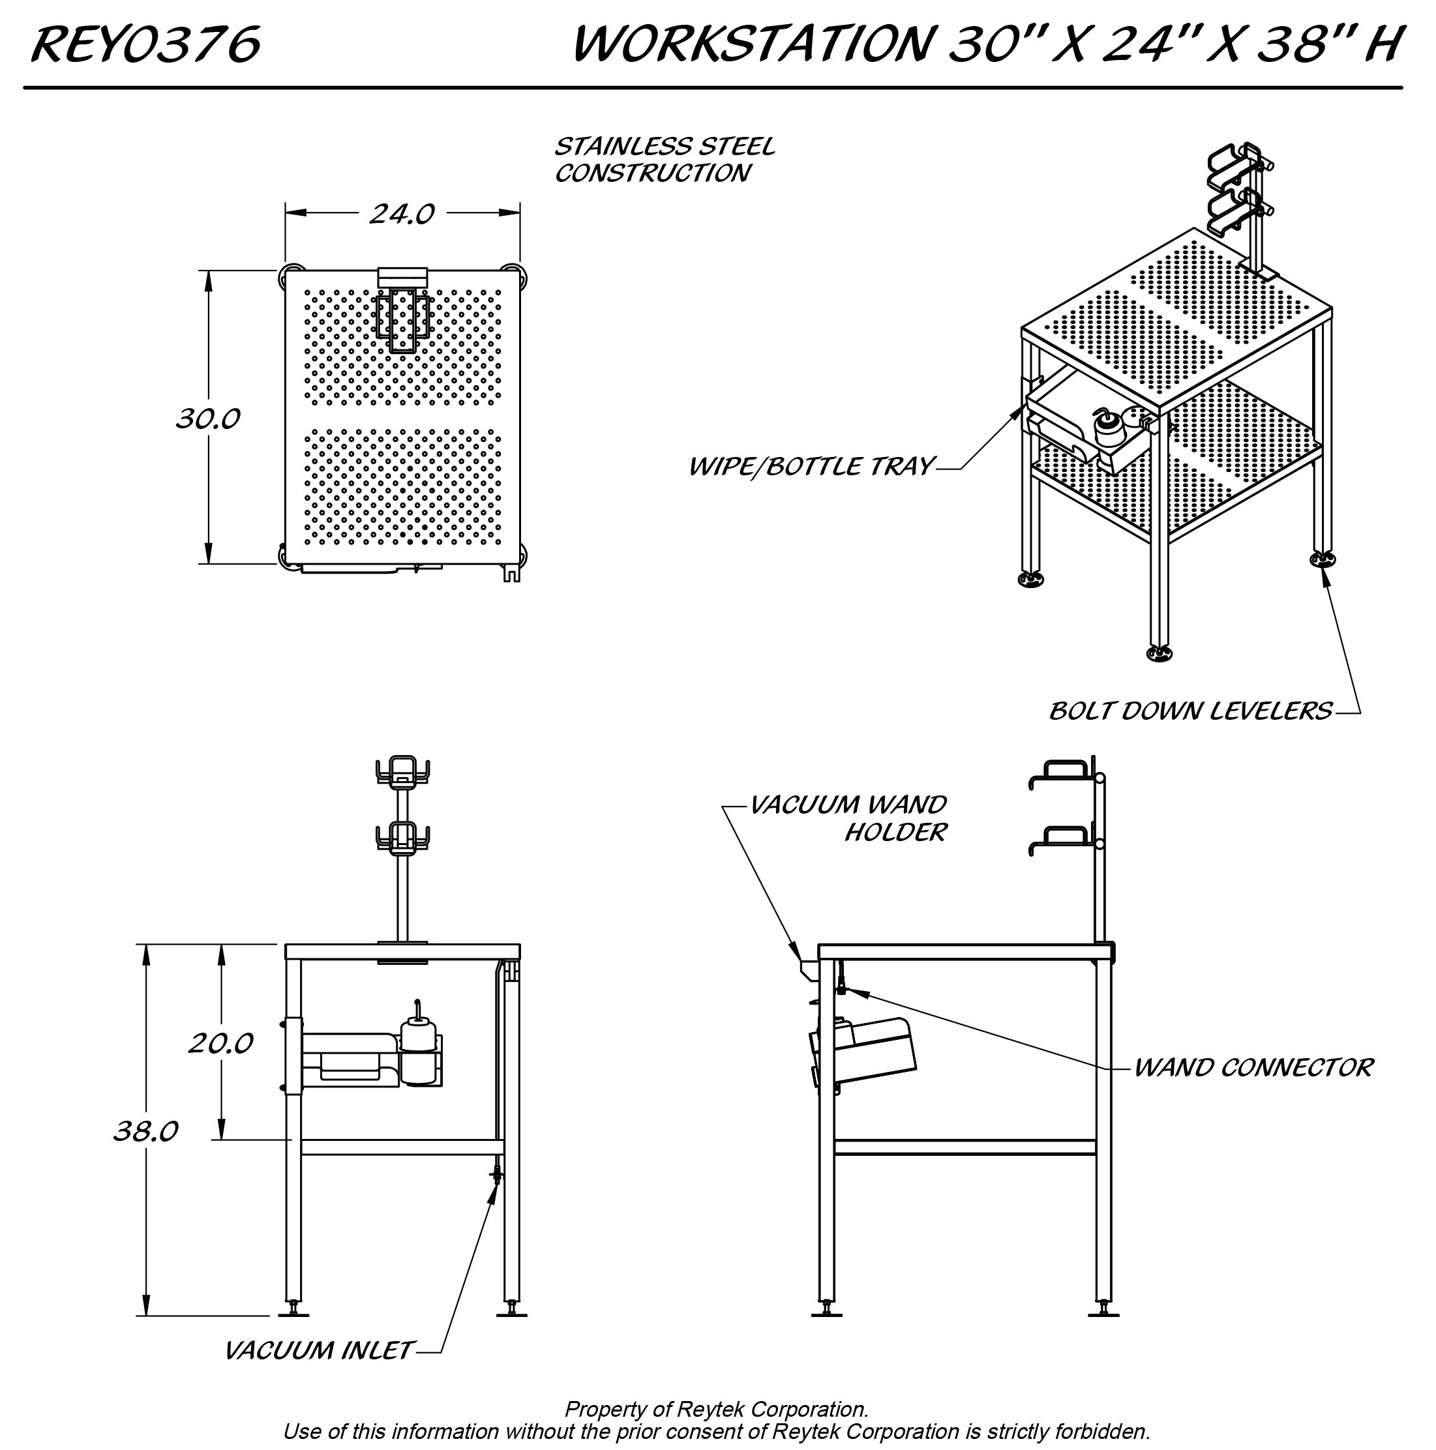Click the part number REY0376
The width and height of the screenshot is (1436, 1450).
[145, 45]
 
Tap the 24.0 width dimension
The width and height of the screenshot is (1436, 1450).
[402, 215]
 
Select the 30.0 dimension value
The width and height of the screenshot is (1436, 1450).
[208, 419]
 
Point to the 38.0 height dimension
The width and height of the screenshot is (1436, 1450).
[145, 1131]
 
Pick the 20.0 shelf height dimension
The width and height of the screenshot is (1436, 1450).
[220, 1043]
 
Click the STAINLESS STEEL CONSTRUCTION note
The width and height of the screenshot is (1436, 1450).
[664, 159]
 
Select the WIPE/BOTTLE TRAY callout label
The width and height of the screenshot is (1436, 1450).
[811, 467]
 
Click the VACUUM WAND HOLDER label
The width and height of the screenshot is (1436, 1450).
[848, 818]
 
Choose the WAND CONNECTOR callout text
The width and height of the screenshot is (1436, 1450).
[1253, 1067]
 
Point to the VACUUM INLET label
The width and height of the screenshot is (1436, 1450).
[318, 1351]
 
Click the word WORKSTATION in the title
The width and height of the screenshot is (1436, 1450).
[751, 45]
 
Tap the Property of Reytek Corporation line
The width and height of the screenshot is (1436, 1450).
[716, 1410]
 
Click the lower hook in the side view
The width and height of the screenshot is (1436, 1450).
[1058, 838]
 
